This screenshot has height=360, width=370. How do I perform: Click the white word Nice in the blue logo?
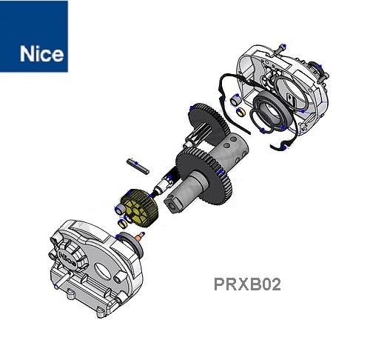click(41, 53)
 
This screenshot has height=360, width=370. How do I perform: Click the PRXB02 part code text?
click(247, 284)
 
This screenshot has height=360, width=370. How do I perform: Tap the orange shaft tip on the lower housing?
click(141, 236)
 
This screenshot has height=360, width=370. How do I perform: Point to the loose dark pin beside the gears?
click(138, 166)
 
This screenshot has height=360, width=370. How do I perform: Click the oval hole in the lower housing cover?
click(104, 271)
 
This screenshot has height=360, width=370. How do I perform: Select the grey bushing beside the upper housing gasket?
click(235, 100)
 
